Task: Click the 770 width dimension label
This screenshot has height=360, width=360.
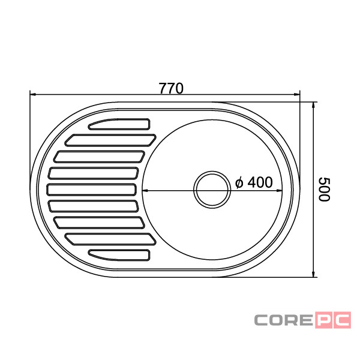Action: point(171,88)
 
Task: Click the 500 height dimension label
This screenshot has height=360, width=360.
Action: point(324,190)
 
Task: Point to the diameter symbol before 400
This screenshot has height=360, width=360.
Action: point(239,183)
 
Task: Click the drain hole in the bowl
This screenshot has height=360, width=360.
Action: point(212,190)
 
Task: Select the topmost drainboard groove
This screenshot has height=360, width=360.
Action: point(119,124)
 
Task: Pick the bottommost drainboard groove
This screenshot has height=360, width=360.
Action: point(119,255)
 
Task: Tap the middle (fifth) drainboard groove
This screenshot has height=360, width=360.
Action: point(92,190)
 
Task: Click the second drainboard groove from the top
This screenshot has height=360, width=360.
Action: point(110,140)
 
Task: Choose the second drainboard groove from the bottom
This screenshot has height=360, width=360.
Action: point(110,239)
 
